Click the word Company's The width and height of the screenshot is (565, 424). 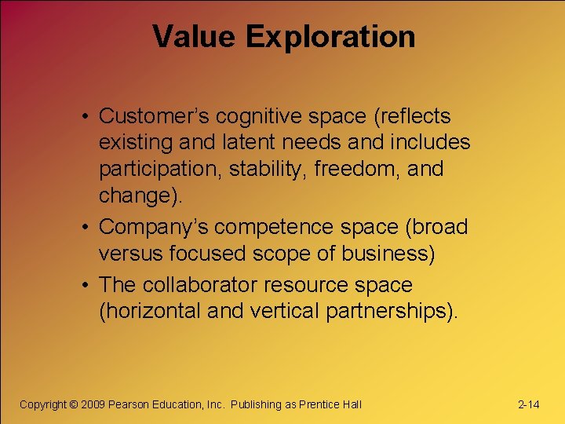coord(154,227)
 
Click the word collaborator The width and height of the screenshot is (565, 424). coord(202,284)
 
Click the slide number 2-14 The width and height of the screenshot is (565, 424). coord(529,404)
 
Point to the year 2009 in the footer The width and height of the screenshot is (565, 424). coord(94,404)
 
